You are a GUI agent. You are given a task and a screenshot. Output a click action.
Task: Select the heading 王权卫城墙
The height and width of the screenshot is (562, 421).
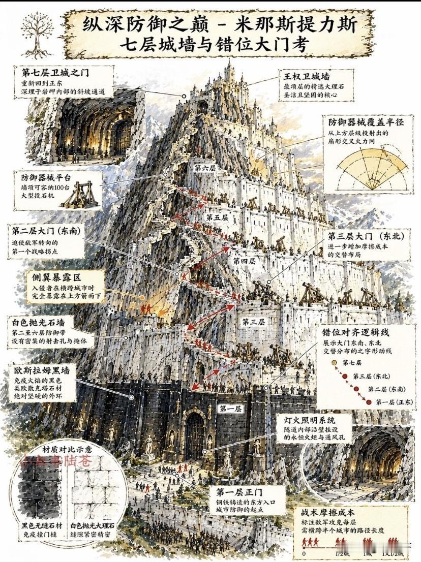tap(307, 77)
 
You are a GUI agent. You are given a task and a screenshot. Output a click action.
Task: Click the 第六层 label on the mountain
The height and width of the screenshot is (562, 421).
tap(205, 166)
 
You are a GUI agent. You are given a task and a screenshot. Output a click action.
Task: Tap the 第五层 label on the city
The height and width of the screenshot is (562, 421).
tap(217, 217)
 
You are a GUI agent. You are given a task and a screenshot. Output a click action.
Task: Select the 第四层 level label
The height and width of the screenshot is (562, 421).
tap(244, 261)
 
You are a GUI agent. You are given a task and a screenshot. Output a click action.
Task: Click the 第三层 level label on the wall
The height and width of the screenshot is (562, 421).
tap(253, 322)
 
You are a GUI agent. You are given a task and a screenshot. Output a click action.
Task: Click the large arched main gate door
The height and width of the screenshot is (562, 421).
tap(195, 434)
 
